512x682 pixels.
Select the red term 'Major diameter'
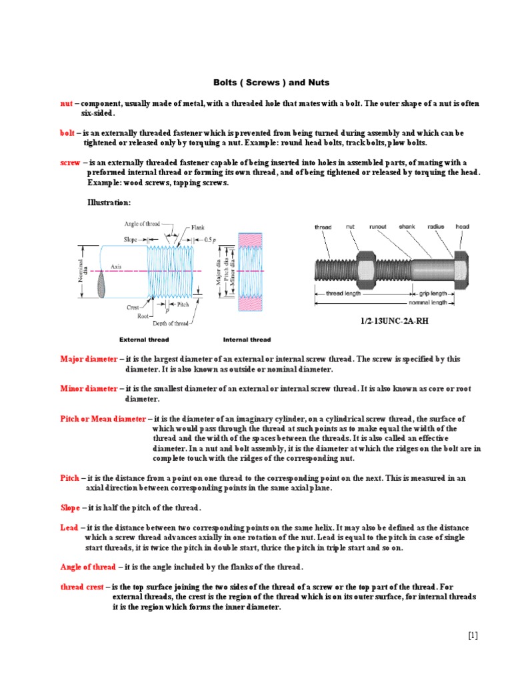point(89,359)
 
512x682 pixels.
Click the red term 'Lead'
point(69,527)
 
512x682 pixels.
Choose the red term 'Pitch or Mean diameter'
point(103,419)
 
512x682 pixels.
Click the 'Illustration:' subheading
point(109,202)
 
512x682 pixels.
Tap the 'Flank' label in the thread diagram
point(198,228)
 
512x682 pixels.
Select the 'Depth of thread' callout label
point(171,324)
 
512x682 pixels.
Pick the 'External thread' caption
point(144,340)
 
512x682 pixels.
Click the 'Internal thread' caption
point(247,340)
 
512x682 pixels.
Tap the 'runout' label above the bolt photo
point(379,227)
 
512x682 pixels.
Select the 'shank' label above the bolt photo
point(407,227)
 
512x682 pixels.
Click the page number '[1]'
point(473,636)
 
